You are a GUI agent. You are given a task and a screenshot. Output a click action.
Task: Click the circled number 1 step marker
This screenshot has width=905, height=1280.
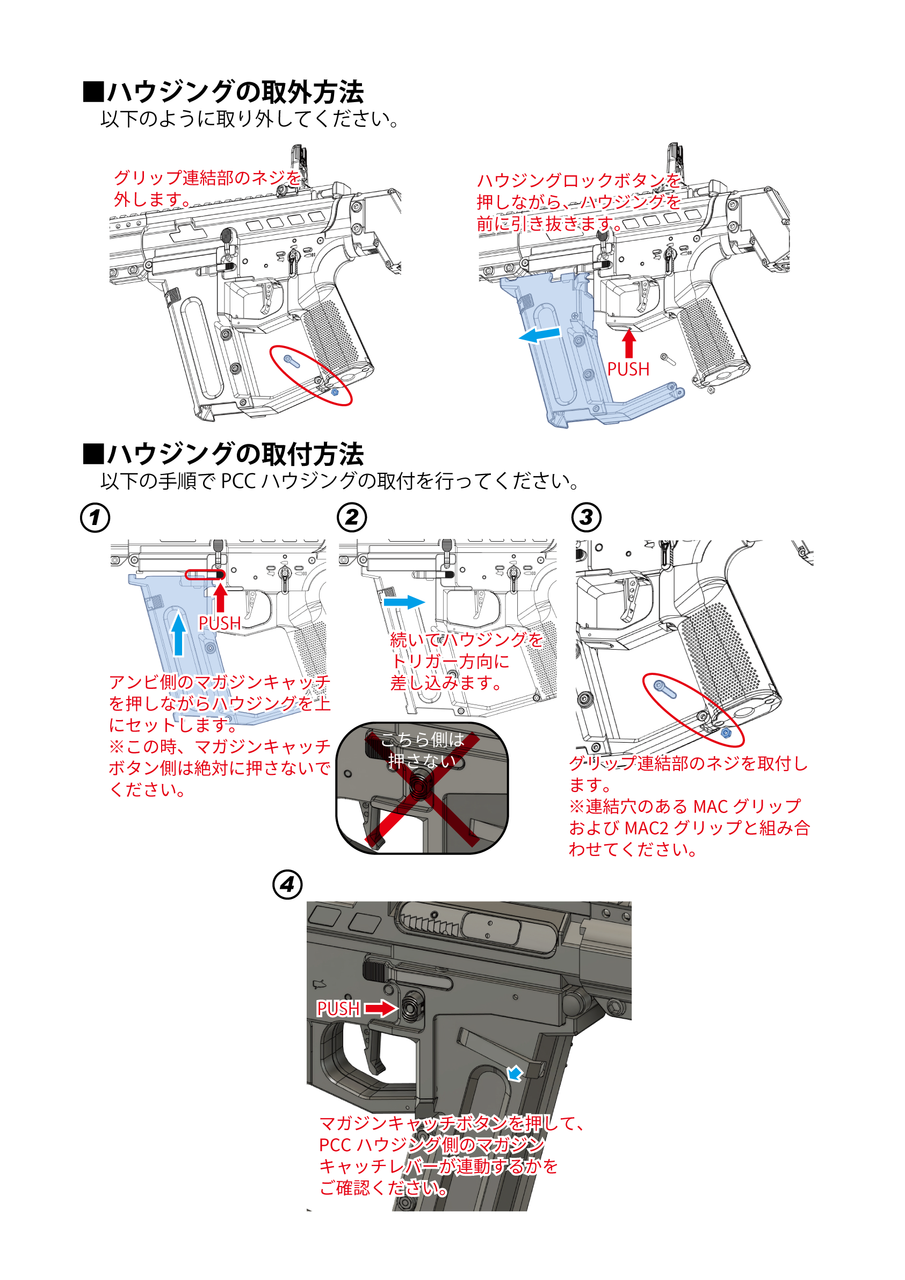[95, 517]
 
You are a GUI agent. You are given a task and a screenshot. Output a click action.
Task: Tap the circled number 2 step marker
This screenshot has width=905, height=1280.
[352, 517]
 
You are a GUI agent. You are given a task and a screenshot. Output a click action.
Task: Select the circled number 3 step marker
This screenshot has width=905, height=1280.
[587, 517]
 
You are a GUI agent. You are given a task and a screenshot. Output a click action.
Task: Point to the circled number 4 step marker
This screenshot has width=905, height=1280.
[287, 885]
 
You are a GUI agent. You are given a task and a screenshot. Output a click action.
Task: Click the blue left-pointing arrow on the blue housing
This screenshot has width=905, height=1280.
[539, 335]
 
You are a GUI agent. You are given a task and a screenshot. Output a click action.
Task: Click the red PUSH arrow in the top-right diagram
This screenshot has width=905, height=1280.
[629, 343]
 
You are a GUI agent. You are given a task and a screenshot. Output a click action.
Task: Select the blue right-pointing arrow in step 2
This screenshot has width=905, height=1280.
[404, 602]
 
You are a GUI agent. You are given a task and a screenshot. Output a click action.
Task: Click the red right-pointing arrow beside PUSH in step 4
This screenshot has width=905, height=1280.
[381, 1008]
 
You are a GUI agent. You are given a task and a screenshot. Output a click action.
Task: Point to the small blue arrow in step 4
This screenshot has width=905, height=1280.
[516, 1073]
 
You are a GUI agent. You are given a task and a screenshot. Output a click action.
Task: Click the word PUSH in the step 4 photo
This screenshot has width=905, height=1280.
[338, 1009]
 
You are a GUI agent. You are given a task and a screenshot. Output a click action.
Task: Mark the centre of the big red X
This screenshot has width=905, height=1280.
[422, 789]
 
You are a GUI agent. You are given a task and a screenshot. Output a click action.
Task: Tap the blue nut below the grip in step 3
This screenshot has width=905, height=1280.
[726, 732]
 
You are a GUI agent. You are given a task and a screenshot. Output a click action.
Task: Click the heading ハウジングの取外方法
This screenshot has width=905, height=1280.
[235, 92]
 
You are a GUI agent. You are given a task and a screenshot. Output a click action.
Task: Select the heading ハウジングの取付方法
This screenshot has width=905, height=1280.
[235, 455]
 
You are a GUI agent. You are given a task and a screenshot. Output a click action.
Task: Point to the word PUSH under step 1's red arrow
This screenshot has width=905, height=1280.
[220, 623]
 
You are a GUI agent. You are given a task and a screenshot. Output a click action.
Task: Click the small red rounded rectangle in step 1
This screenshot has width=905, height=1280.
[205, 575]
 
